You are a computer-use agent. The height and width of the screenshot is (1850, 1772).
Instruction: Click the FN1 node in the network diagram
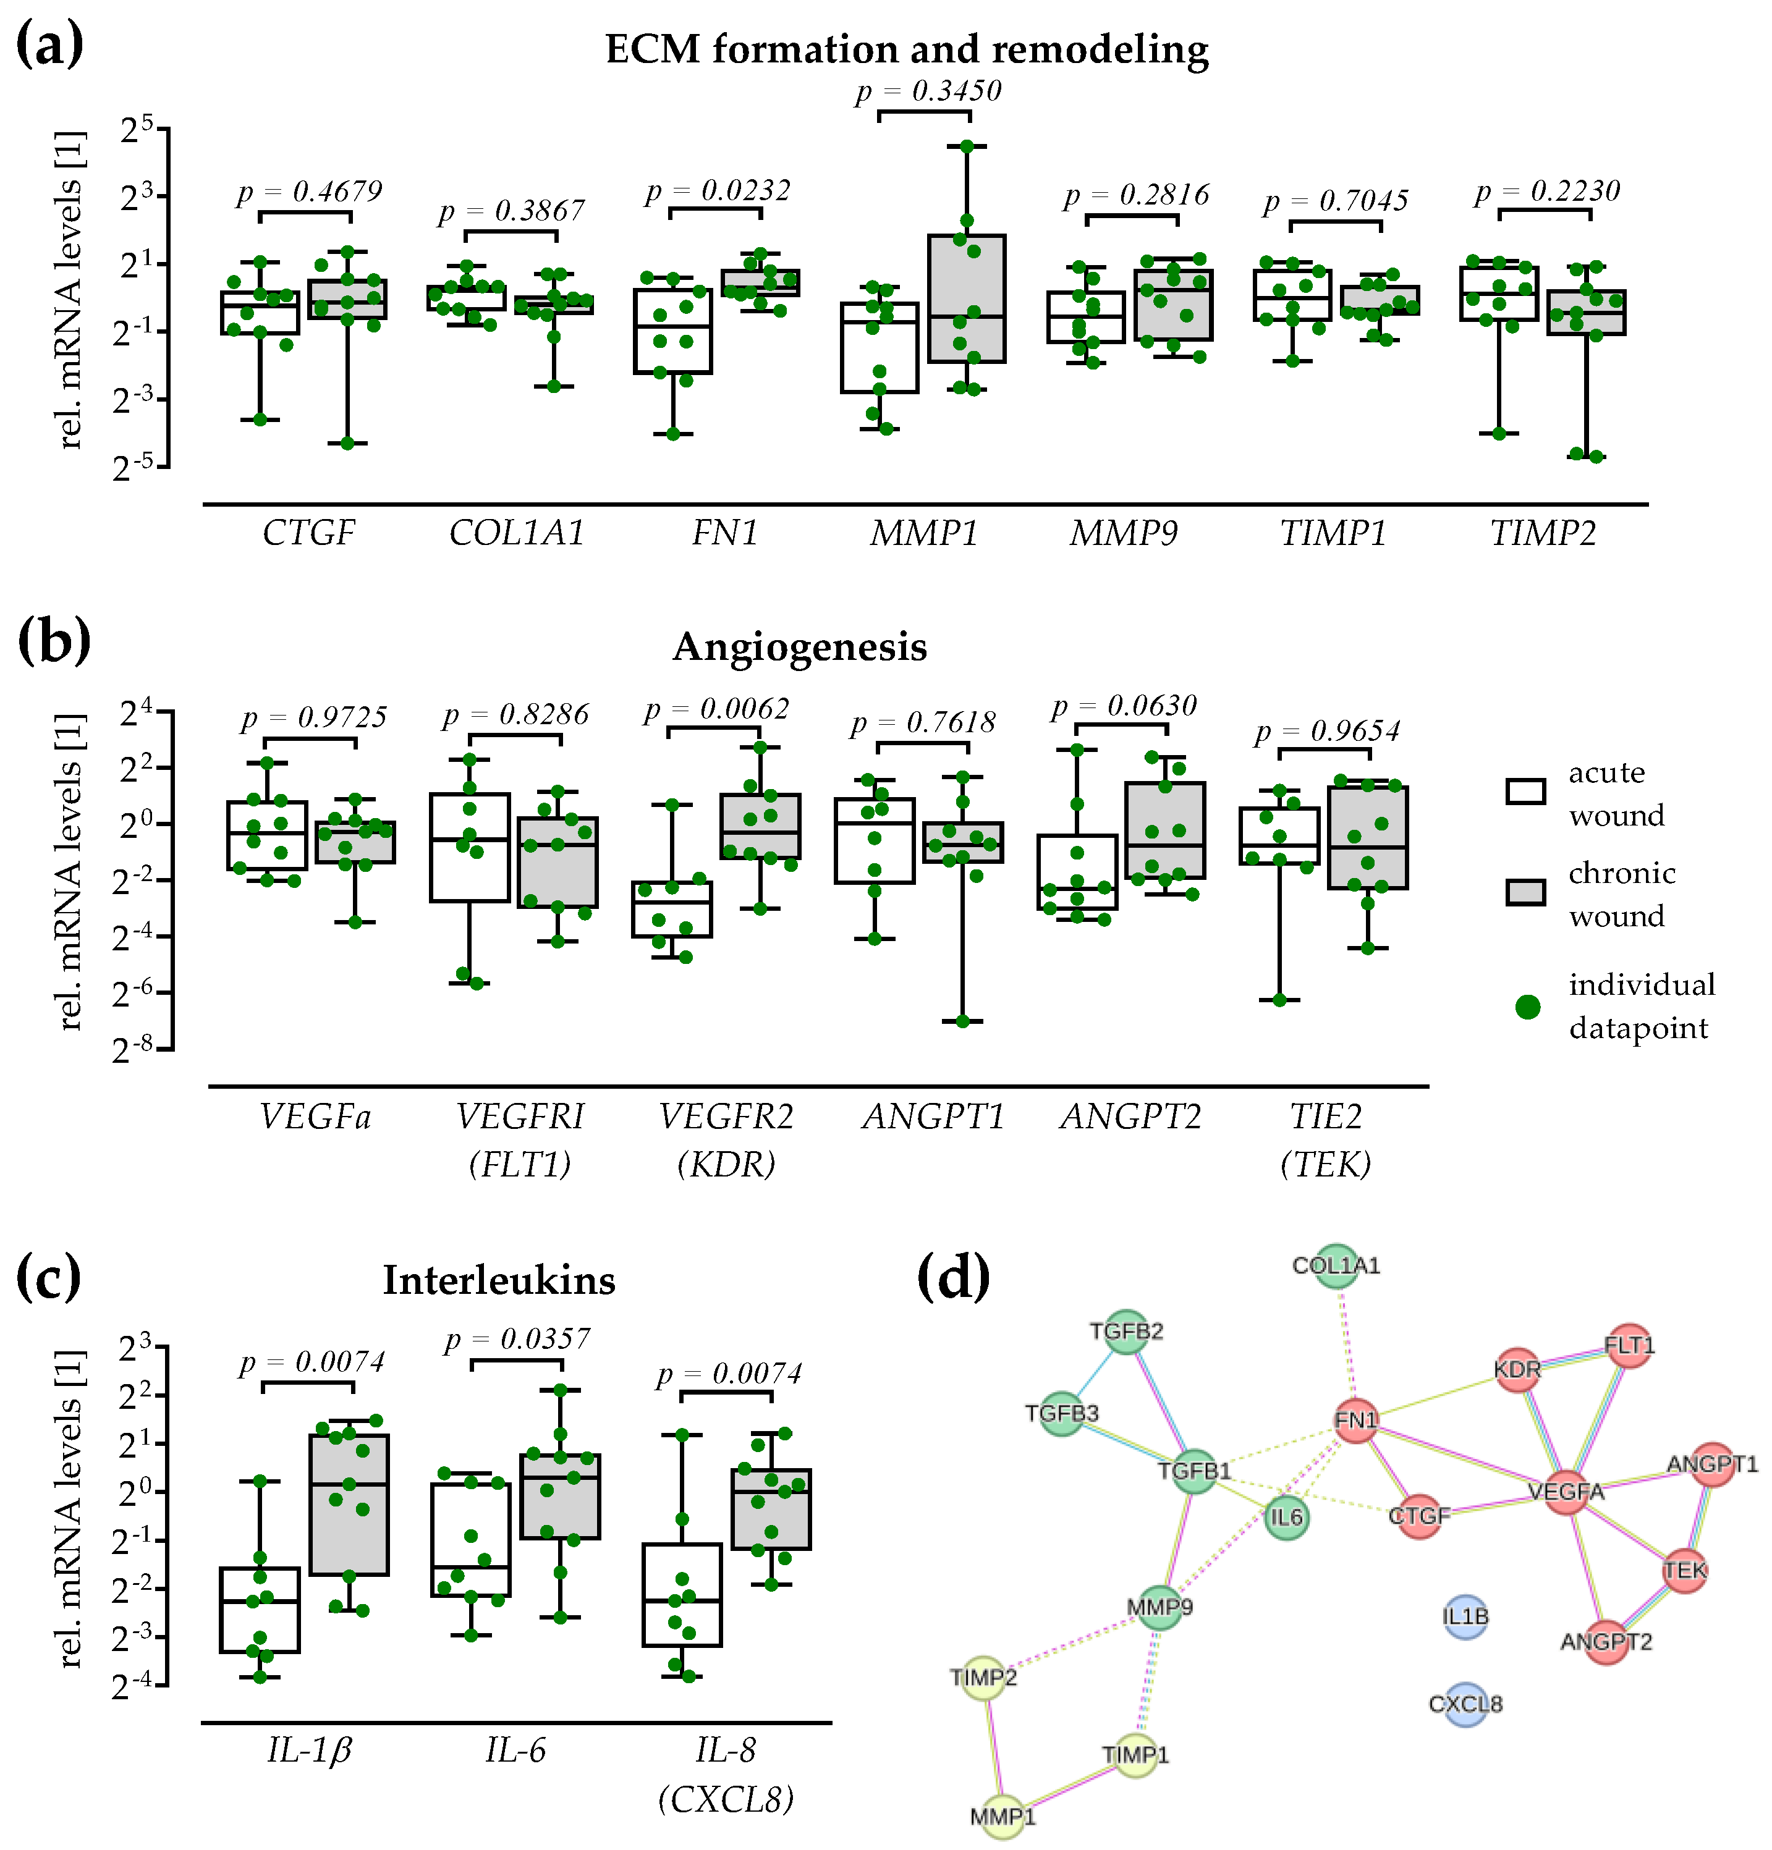coord(1355,1421)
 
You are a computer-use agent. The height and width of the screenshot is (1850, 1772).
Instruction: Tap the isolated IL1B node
coord(1465,1618)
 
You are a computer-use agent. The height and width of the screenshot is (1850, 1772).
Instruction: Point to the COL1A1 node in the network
coord(1336,1265)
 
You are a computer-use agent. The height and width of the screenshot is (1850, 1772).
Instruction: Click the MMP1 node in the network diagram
coord(1003,1817)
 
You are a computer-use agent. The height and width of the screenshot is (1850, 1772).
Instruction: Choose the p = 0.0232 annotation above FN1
coord(718,192)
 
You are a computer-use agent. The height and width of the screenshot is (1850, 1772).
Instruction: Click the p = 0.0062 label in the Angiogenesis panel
coord(716,709)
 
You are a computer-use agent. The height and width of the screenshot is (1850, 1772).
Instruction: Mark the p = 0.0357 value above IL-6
coord(517,1340)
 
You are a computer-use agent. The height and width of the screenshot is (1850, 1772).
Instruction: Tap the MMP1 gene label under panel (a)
coord(923,533)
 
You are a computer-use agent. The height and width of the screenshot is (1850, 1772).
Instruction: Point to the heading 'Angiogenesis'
coord(800,646)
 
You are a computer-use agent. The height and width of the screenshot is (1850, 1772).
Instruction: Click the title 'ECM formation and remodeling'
coord(906,49)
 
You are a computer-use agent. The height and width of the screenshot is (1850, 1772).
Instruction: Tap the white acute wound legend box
coord(1525,791)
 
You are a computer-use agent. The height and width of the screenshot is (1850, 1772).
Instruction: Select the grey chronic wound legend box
coord(1525,892)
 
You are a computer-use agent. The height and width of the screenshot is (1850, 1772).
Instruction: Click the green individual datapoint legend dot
coord(1527,1007)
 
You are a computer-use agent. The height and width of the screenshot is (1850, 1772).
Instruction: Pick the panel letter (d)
coord(954,1277)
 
